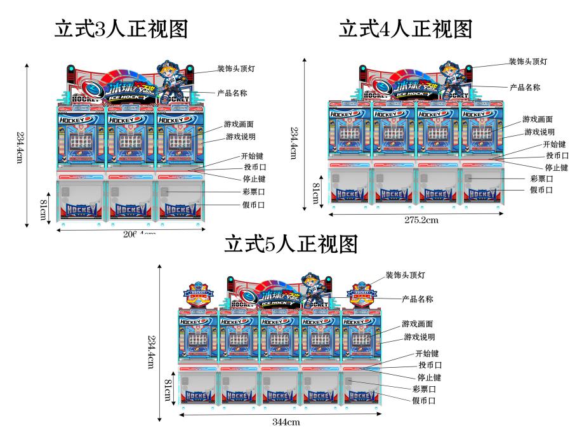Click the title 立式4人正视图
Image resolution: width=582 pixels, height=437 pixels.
406,29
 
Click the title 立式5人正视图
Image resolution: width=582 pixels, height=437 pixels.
291,244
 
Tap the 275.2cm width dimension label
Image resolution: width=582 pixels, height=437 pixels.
422,220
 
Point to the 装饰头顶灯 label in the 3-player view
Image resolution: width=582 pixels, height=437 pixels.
236,68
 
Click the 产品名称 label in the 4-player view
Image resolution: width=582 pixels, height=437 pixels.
525,87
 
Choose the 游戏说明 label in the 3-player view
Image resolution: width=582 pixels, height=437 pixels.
242,137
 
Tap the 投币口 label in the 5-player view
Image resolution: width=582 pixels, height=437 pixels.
430,365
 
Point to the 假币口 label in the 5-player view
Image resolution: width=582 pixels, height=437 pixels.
424,401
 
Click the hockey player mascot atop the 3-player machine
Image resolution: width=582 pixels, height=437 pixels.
171,81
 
